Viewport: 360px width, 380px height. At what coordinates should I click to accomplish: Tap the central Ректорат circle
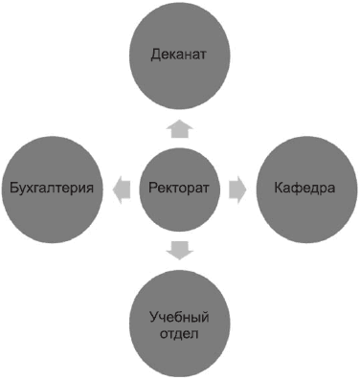click(179, 189)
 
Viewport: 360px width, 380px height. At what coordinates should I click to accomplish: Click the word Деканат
click(179, 55)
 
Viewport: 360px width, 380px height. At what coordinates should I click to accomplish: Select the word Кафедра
click(302, 189)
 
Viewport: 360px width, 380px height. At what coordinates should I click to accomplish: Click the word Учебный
click(179, 317)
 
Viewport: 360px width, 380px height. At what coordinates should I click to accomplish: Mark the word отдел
click(179, 333)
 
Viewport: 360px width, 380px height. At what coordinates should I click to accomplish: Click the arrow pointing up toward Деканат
click(179, 127)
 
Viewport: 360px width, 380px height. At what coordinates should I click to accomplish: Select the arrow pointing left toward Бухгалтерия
click(119, 189)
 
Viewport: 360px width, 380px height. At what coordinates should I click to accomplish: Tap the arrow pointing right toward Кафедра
click(238, 189)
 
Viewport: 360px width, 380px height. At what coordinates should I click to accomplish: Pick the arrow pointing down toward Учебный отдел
click(179, 251)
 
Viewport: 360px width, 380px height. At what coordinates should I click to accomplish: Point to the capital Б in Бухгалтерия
click(11, 189)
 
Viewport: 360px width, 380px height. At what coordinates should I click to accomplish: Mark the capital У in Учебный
click(153, 317)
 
